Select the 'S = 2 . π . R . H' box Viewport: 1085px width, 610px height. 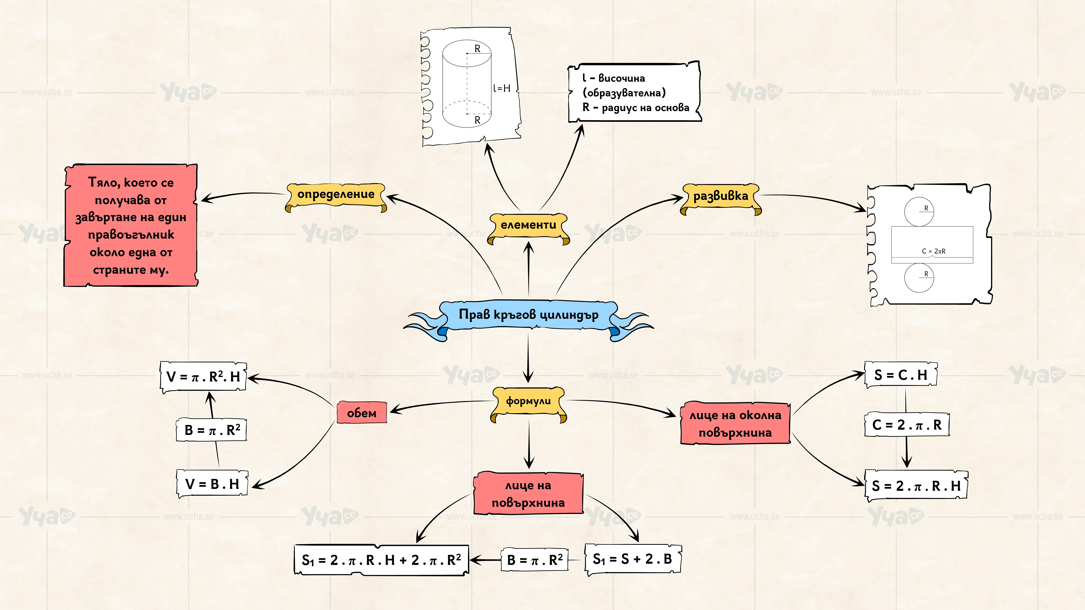[x=916, y=486]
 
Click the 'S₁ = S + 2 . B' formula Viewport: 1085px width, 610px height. [x=633, y=559]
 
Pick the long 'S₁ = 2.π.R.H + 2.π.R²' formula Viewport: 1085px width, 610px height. [x=381, y=560]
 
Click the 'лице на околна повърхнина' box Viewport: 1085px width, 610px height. [x=735, y=423]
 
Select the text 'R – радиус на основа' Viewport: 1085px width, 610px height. [x=636, y=108]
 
